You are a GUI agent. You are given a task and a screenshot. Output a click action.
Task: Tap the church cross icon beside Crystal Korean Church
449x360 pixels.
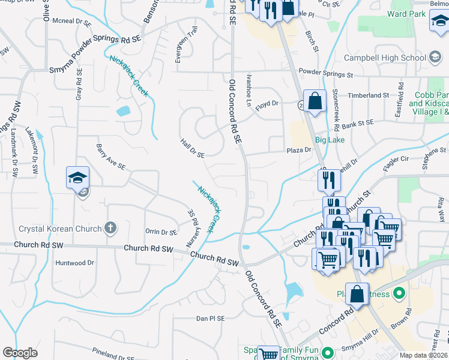[x=109, y=227]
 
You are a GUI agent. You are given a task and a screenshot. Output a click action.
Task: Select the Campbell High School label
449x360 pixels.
[x=384, y=58]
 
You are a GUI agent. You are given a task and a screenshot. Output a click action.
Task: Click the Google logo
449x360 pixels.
[x=20, y=353]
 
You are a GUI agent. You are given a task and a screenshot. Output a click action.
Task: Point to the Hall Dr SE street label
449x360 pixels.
[x=192, y=148]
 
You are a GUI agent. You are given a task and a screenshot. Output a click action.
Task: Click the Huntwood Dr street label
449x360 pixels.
[x=74, y=263]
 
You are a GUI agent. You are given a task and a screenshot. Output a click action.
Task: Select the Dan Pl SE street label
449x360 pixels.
[x=210, y=318]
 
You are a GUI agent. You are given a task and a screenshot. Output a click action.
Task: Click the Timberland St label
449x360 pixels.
[x=369, y=95]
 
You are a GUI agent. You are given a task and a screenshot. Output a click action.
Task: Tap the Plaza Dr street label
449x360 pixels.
[x=300, y=150]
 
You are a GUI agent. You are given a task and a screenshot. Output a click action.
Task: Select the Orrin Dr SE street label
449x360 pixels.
[x=161, y=232]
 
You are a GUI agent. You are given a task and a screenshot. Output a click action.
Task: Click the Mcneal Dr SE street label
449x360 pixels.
[x=71, y=21]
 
